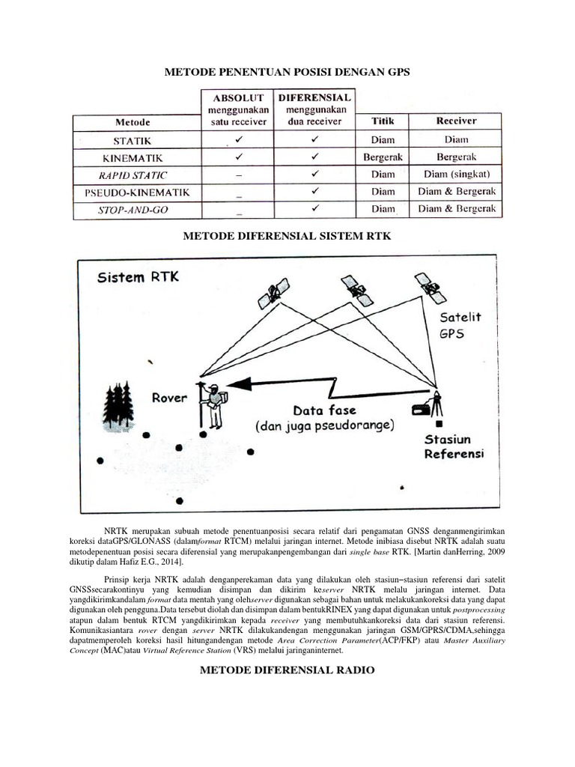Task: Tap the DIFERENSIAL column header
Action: click(x=315, y=98)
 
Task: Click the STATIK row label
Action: click(x=133, y=140)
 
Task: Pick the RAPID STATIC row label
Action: click(x=133, y=175)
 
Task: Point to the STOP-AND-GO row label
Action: click(x=133, y=210)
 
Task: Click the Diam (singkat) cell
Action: click(x=456, y=175)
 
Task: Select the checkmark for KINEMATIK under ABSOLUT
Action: click(x=239, y=157)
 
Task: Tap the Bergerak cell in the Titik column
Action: click(x=383, y=157)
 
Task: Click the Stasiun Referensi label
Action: click(x=454, y=446)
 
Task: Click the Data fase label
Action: click(x=324, y=410)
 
